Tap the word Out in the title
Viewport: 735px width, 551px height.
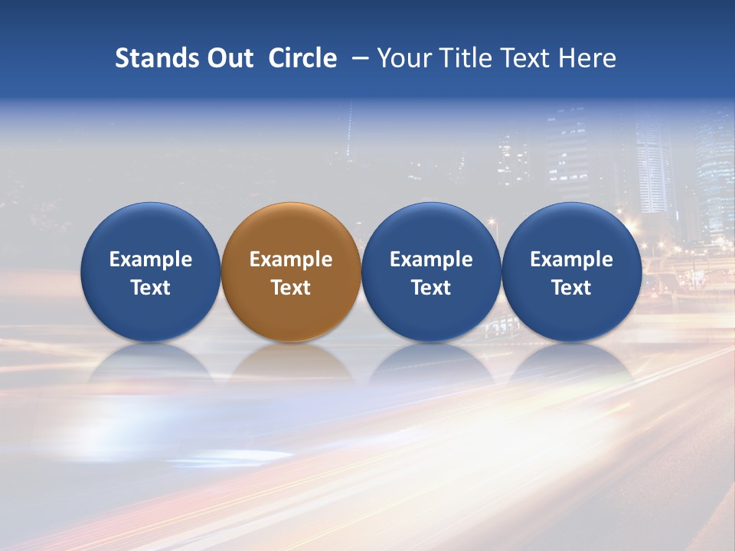(x=228, y=58)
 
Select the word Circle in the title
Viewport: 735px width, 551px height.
(x=302, y=58)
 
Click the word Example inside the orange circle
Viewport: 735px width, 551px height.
(x=291, y=259)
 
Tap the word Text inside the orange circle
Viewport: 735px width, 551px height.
(x=291, y=288)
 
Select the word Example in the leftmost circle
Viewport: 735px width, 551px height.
(x=150, y=259)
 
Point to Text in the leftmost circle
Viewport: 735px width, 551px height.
(x=150, y=288)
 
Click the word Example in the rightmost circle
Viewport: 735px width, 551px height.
(x=571, y=259)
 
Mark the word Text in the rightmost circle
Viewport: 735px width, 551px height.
(x=571, y=288)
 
